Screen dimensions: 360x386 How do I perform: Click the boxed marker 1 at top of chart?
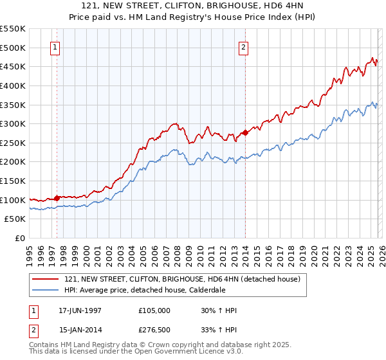56,47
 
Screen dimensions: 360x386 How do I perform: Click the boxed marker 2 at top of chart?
244,47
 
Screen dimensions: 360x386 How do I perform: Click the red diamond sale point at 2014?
245,133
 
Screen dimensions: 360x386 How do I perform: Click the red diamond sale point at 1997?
57,198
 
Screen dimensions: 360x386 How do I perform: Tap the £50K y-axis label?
15,219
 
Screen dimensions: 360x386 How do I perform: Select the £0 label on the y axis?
20,239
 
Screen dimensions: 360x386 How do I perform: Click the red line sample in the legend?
46,279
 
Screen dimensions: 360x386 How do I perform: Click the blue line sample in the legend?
46,290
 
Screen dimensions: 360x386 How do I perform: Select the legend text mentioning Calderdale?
154,290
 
